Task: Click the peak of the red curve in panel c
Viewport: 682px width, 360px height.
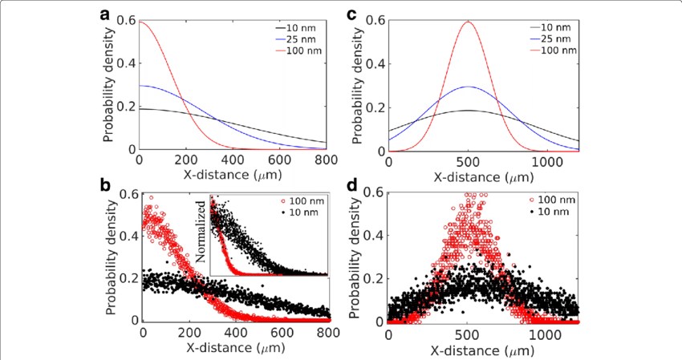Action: click(468, 22)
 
